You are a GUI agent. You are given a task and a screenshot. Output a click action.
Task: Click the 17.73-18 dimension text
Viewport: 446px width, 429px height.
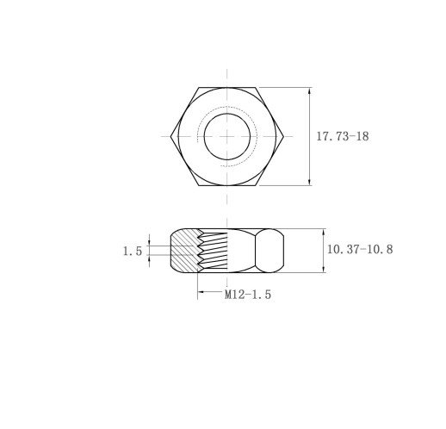point(343,136)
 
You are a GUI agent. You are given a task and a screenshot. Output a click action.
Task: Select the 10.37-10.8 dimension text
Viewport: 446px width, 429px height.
point(360,249)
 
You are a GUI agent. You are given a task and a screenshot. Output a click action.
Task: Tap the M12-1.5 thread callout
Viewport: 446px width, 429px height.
point(248,295)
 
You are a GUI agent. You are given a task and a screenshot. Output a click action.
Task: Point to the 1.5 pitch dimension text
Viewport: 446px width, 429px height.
point(133,252)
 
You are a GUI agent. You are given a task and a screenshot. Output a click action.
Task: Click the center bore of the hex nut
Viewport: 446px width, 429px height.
point(227,136)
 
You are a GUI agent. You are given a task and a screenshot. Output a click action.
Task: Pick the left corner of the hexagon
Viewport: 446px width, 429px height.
point(170,136)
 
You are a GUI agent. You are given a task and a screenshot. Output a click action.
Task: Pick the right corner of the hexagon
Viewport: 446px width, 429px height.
point(283,136)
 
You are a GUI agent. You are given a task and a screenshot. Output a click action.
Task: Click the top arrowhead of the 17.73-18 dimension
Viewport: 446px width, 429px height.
point(309,90)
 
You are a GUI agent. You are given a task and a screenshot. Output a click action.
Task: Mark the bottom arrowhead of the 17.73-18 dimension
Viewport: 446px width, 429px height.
point(309,182)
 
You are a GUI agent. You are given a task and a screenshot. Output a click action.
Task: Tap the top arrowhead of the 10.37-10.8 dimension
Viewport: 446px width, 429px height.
point(324,233)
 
